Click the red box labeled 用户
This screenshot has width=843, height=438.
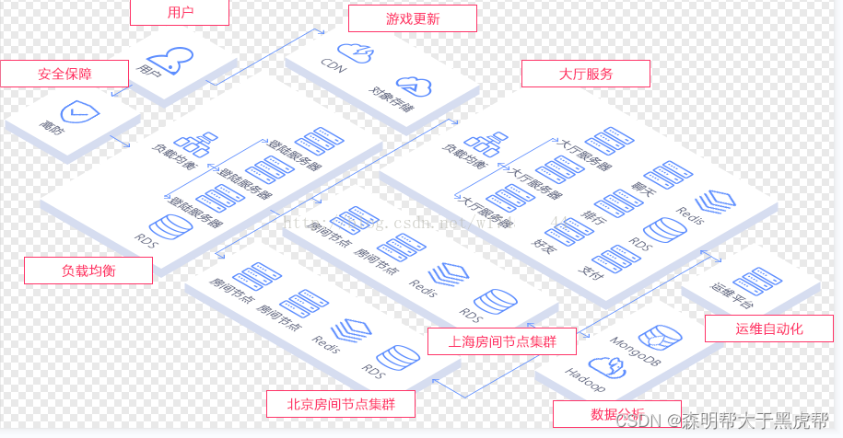179,12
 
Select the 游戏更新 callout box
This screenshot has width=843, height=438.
412,18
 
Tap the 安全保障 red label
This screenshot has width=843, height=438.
64,74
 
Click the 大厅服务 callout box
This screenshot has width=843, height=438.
585,74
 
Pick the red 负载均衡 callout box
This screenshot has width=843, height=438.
88,270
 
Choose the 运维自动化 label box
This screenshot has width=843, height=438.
768,328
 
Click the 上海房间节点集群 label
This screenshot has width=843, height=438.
501,341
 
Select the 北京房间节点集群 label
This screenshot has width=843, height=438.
340,404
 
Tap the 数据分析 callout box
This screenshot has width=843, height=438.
616,413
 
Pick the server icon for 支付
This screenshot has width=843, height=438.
608,257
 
